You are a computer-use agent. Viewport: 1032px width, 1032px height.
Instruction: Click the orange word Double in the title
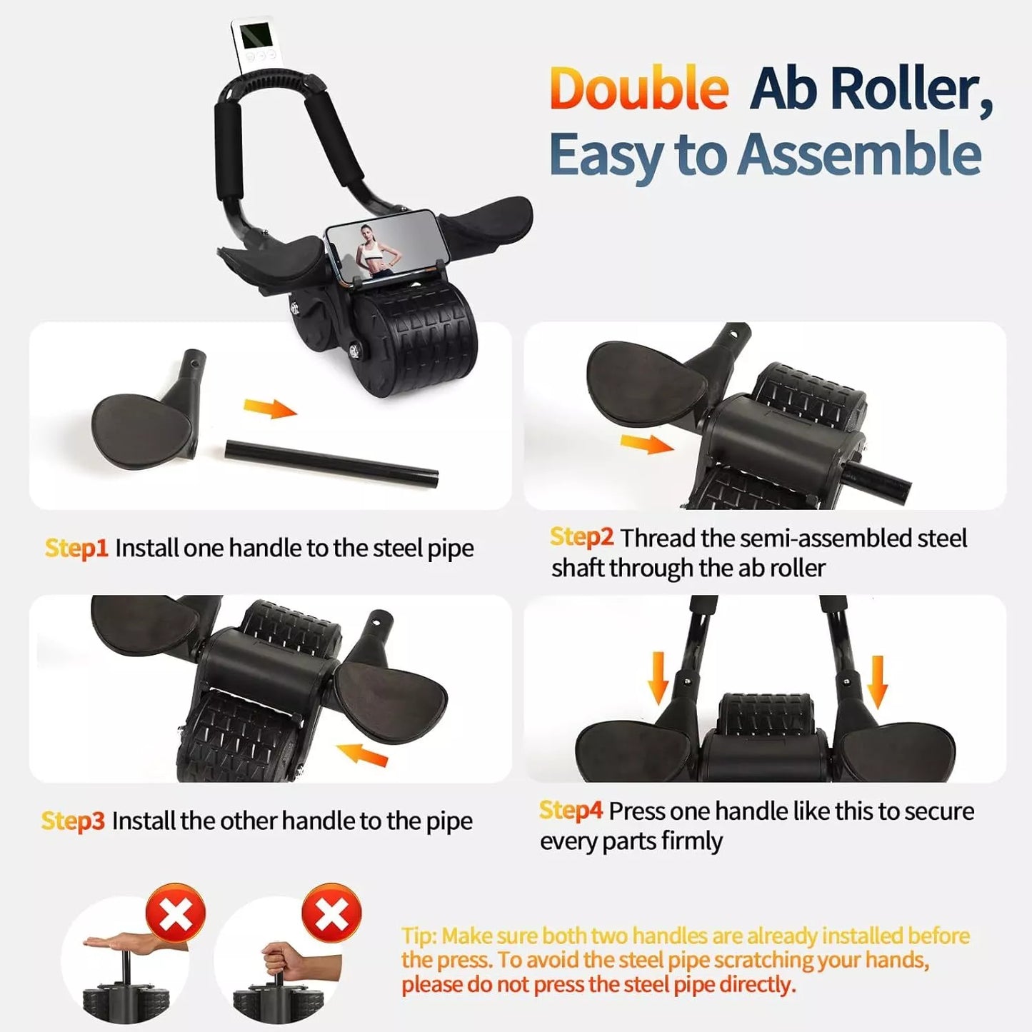coord(638,89)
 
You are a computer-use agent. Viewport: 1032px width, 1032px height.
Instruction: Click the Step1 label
coord(76,548)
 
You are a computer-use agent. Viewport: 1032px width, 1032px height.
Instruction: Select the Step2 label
coord(581,537)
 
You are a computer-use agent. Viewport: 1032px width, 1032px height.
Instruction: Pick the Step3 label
coord(73,821)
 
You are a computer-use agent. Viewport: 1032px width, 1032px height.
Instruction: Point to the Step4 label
coord(571,811)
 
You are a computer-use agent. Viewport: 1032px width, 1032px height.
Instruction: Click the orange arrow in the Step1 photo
coord(269,409)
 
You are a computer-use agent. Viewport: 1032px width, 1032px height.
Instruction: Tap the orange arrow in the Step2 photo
coord(646,444)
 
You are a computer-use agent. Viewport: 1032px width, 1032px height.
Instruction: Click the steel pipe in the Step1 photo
coord(331,464)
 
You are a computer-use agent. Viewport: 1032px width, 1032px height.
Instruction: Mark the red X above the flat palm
coord(176,914)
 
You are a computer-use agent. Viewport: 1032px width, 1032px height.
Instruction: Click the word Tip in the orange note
coord(419,936)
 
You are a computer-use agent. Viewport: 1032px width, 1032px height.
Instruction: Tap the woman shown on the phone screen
coord(371,251)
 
